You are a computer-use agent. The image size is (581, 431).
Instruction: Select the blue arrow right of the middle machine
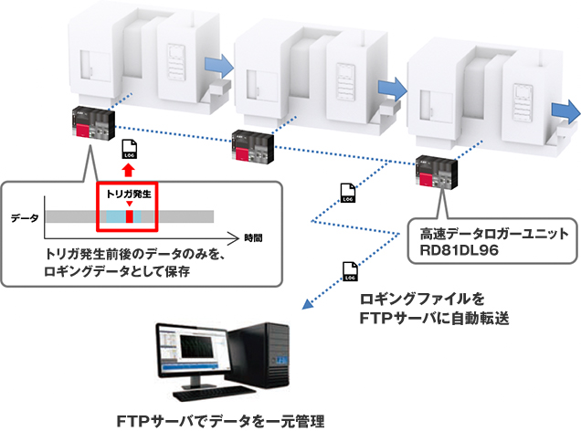[x=390, y=83]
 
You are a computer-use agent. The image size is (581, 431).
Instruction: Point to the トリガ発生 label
[x=129, y=194]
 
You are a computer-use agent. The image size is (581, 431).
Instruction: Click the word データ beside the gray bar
[x=25, y=218]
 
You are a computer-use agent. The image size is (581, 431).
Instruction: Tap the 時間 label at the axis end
[x=253, y=238]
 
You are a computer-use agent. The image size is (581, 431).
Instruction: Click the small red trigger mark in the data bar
[x=129, y=216]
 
